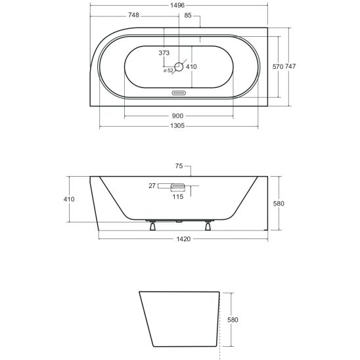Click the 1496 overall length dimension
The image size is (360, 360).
pyautogui.click(x=177, y=5)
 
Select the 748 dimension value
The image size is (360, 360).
pyautogui.click(x=133, y=15)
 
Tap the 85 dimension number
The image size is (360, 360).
pyautogui.click(x=188, y=15)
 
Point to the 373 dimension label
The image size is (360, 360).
pyautogui.click(x=164, y=53)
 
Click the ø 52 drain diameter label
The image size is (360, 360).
pyautogui.click(x=168, y=70)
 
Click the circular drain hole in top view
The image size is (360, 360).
pyautogui.click(x=179, y=67)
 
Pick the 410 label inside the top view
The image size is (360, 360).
pyautogui.click(x=191, y=67)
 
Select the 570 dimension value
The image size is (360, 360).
pyautogui.click(x=278, y=66)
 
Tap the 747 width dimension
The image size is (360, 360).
pyautogui.click(x=290, y=66)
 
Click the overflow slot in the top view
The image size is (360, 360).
pyautogui.click(x=179, y=93)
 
